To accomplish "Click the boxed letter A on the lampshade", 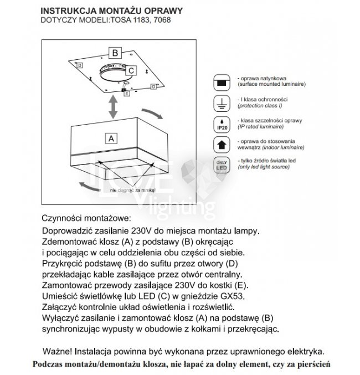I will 111,136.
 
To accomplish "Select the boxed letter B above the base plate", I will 115,53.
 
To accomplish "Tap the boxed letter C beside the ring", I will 131,70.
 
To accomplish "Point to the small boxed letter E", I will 127,94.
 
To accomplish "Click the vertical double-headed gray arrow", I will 112,106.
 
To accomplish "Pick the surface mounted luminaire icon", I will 222,83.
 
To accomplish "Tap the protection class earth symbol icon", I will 222,103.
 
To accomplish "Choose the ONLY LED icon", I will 222,165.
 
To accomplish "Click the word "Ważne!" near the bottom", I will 57,351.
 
